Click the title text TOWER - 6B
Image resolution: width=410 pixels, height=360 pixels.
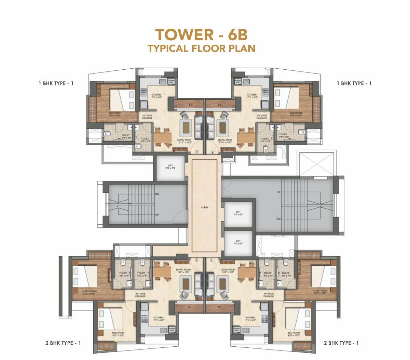point(201,35)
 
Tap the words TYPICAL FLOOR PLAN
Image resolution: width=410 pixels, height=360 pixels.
point(201,49)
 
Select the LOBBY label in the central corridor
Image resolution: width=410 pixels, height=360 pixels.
point(205,207)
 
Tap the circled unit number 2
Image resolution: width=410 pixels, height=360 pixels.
point(197,260)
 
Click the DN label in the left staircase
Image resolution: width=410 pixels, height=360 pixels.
point(157,194)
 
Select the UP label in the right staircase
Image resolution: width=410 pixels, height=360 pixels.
point(278,192)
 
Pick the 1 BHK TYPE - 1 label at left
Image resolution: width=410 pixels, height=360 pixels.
point(56,83)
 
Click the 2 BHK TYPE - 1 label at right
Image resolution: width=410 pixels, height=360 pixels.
point(341,343)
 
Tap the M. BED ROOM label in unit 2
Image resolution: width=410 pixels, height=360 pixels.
point(88,292)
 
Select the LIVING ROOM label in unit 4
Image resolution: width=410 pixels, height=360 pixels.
point(225,141)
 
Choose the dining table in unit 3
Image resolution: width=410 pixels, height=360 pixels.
point(162,137)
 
